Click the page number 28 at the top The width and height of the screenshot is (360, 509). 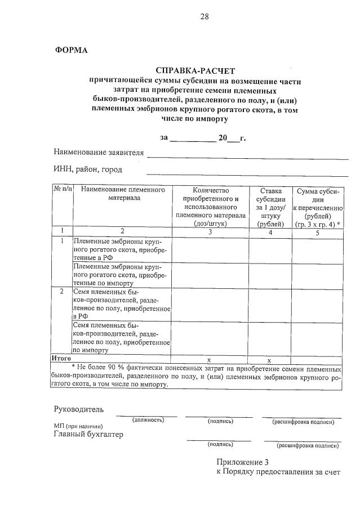[x=204, y=16]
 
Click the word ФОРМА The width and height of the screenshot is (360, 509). [x=71, y=50]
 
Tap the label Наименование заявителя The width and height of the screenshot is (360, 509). [x=99, y=153]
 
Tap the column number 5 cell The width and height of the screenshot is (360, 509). [x=317, y=231]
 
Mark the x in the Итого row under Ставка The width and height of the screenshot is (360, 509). [x=269, y=359]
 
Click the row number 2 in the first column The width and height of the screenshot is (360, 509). [x=62, y=292]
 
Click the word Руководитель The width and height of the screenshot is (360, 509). [x=78, y=409]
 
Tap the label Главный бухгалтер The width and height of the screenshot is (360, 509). [x=88, y=434]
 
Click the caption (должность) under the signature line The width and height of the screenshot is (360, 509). [x=148, y=420]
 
